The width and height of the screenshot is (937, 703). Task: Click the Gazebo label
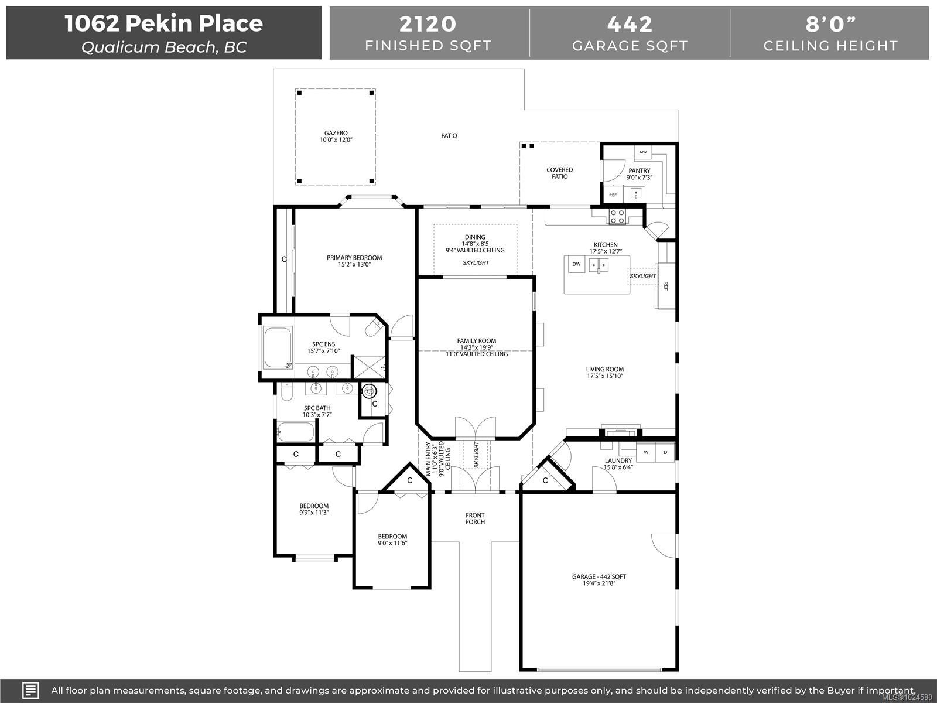(336, 133)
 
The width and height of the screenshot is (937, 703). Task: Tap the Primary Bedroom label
(354, 258)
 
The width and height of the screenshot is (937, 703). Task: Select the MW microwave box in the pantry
(643, 152)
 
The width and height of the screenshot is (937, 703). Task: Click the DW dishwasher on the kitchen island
(576, 264)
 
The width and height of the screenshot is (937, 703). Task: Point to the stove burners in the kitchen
(617, 216)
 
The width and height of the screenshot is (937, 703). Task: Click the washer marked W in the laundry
(646, 452)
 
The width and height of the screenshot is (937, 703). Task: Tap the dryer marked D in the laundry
(665, 452)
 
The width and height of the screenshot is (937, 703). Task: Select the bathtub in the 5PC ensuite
(278, 347)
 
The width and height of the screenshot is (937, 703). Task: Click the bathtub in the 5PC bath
(295, 432)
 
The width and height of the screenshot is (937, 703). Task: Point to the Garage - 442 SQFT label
(599, 576)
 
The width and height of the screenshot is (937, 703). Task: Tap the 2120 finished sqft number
(428, 24)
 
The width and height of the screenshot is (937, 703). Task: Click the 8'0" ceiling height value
(830, 24)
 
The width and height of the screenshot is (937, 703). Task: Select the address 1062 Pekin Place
(164, 23)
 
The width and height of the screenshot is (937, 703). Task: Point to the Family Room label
(476, 341)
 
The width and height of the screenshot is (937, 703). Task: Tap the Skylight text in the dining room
(476, 262)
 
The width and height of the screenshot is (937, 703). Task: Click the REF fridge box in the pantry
(613, 194)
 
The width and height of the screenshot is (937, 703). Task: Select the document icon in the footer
(30, 690)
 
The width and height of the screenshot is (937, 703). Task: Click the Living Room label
(604, 369)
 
